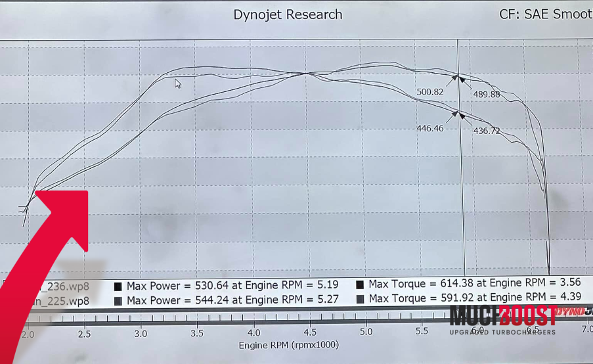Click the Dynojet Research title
288,14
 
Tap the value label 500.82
430,92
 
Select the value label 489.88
487,95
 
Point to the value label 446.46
430,128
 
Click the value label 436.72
487,131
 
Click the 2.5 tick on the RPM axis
85,333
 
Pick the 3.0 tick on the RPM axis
141,333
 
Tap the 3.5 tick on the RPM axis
198,333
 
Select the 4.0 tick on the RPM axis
254,333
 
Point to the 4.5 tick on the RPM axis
310,333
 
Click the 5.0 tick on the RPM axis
366,333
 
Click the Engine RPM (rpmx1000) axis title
288,344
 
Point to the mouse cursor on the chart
177,83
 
